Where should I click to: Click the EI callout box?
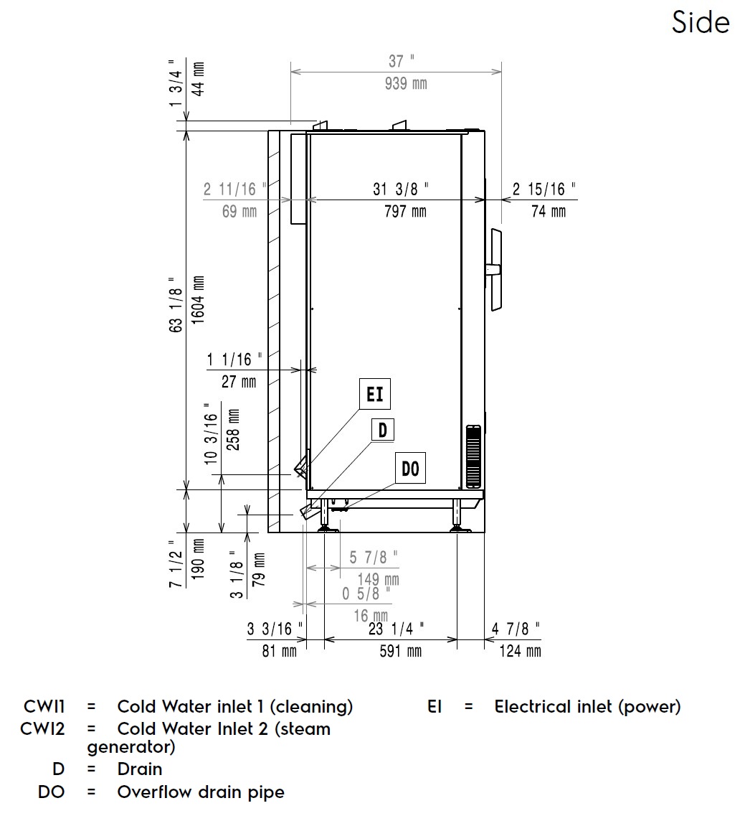[x=374, y=395]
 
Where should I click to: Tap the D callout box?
[x=382, y=430]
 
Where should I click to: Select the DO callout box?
[x=409, y=469]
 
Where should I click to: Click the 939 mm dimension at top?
[x=406, y=84]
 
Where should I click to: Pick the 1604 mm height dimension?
[x=199, y=300]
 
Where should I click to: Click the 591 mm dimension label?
[x=400, y=651]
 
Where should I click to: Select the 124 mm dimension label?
[x=520, y=651]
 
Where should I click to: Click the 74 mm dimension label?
[x=549, y=211]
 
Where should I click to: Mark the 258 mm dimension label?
[x=233, y=429]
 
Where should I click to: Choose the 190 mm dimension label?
[x=198, y=559]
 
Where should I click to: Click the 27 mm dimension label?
[x=238, y=381]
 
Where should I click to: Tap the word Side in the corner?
[x=701, y=22]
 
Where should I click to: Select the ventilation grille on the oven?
[x=473, y=456]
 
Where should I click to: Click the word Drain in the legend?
[x=140, y=769]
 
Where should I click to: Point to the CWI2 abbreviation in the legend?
[x=42, y=729]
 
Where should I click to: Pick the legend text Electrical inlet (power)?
[x=587, y=707]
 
